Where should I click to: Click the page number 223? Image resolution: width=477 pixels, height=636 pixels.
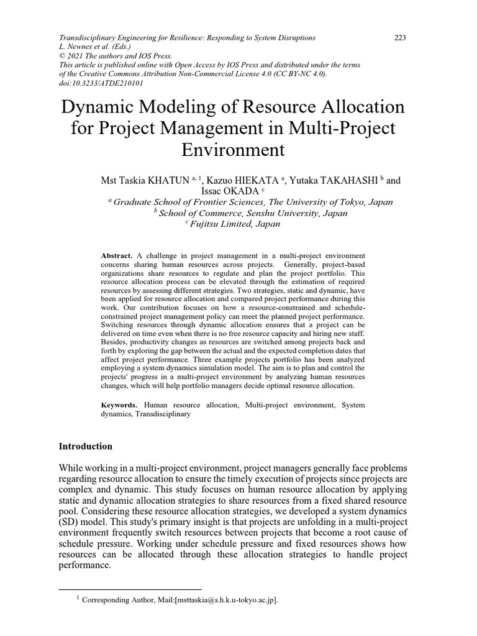point(400,38)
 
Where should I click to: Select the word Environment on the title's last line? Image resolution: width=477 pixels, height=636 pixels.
point(233,150)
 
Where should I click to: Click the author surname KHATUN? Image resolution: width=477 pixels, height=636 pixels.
point(169,181)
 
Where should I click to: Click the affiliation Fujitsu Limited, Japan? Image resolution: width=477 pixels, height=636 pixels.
point(235,224)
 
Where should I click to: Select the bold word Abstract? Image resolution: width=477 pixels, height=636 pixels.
point(117,256)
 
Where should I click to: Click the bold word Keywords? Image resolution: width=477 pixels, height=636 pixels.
point(120,405)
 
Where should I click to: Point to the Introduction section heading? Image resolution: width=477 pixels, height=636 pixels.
point(85,446)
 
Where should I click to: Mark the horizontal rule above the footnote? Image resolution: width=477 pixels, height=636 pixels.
point(130,589)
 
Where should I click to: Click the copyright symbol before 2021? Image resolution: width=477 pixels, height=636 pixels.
point(61,55)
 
